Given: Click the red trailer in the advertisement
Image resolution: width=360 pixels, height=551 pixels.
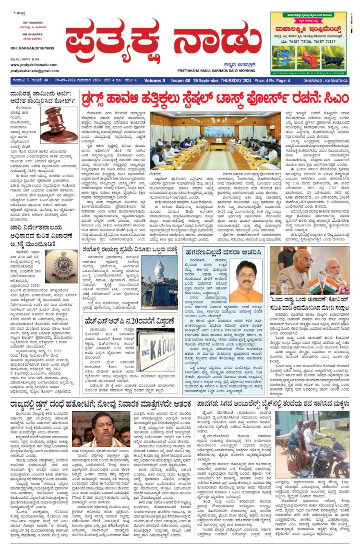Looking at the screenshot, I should coord(316,61).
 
